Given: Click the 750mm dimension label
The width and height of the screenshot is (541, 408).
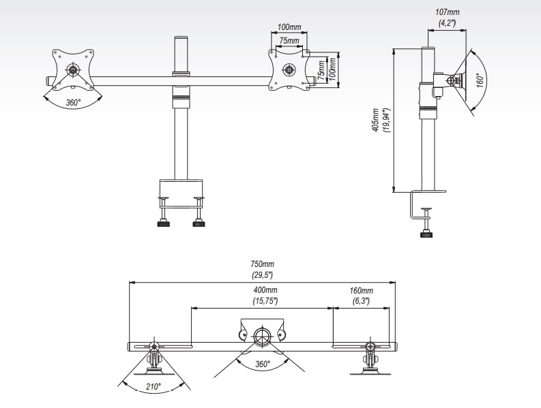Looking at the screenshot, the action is coord(262,264).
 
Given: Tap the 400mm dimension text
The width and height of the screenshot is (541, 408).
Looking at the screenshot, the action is coord(265,290).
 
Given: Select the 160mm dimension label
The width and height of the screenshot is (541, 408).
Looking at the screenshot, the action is coord(362,291).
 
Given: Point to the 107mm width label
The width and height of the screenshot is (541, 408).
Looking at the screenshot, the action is coord(448,12).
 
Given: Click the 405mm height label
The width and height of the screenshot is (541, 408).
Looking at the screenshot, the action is coord(376,120).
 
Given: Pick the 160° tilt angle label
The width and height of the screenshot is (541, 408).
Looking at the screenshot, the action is coord(480,80).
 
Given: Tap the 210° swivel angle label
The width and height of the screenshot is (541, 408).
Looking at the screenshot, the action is coord(153,387).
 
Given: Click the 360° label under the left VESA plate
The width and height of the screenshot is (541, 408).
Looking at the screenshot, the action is coord(73,103).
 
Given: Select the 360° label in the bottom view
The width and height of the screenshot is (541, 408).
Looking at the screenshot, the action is coord(263,364).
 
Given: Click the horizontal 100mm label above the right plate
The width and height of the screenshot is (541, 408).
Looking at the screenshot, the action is coord(289,27).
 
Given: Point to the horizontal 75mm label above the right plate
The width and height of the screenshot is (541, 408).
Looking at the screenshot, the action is coord(289,41).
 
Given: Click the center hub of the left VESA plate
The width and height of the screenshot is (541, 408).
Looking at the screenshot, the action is coord(73,69).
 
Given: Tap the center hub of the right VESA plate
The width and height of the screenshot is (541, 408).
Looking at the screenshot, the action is coord(289,69).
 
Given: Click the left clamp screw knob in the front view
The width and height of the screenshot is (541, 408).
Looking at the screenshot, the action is coord(164,224).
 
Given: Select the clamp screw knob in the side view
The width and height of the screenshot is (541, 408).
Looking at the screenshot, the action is coord(427,235).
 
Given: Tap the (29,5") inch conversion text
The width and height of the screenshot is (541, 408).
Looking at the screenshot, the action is coord(262,275).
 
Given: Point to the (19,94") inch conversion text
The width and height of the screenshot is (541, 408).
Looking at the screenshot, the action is coord(386,121).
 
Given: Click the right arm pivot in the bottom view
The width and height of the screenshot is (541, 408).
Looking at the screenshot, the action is coord(370,346).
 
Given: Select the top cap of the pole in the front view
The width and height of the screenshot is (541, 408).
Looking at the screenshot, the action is coord(181,37).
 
